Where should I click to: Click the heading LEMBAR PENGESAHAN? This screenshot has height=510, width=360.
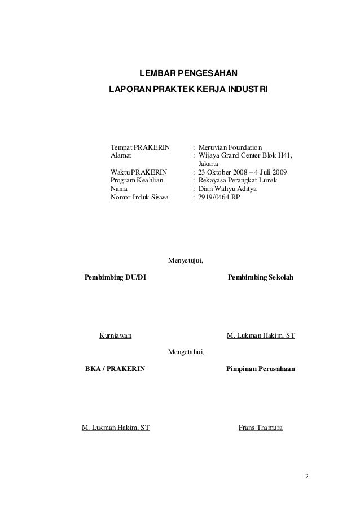pyautogui.click(x=188, y=73)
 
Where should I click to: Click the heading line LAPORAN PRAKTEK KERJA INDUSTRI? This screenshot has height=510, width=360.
pyautogui.click(x=188, y=90)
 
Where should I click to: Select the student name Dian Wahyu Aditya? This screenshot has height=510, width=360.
pyautogui.click(x=228, y=189)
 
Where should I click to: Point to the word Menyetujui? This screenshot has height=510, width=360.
pyautogui.click(x=186, y=261)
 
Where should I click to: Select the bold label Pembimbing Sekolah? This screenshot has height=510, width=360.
pyautogui.click(x=261, y=278)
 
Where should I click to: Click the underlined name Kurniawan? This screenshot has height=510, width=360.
pyautogui.click(x=116, y=336)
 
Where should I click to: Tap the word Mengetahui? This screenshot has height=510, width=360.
pyautogui.click(x=186, y=352)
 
